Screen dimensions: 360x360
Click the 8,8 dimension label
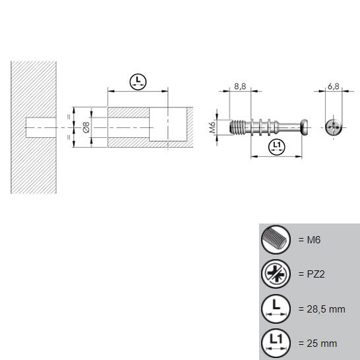pos(240,86)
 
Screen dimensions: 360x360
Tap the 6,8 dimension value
pos(334,86)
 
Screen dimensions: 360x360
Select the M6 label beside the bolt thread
pos(212,127)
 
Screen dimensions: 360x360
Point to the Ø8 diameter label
pos(86,127)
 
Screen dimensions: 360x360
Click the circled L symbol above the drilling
pos(138,82)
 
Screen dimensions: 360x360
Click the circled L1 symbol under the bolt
pos(276,146)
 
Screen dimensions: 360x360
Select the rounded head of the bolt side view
pos(305,127)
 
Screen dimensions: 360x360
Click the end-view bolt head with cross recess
pos(334,127)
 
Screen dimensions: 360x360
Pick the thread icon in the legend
pos(276,239)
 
